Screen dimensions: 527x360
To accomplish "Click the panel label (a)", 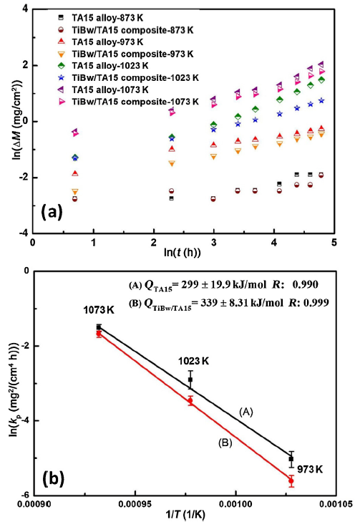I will [x=57, y=212].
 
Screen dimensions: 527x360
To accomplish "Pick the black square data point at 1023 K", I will [x=190, y=379].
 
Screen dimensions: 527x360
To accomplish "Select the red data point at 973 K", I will [x=291, y=480].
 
